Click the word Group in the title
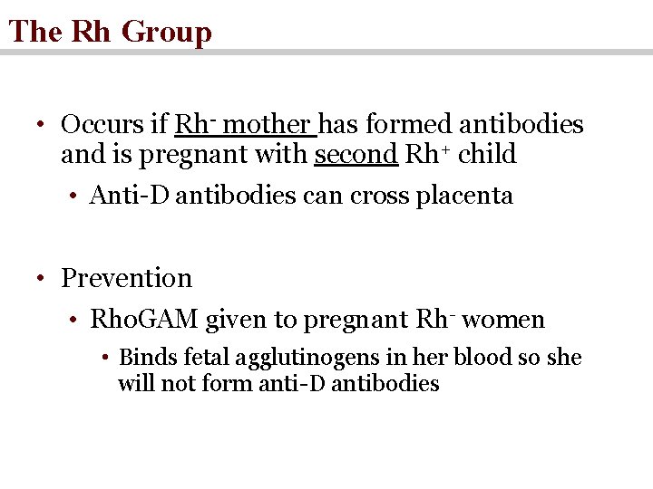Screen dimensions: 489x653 point(166,32)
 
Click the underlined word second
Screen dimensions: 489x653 point(356,154)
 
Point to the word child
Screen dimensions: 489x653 point(487,154)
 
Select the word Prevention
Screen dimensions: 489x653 point(126,278)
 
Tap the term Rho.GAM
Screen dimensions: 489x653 point(144,320)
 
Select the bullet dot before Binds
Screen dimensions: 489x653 point(106,358)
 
